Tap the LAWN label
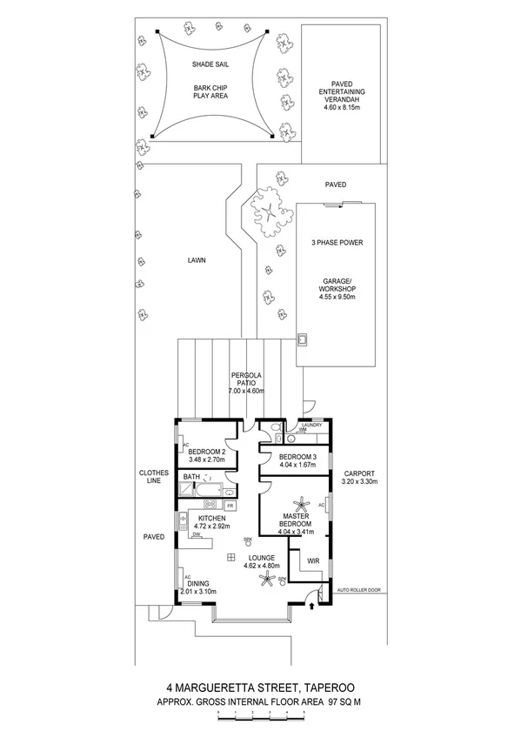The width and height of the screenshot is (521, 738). click(195, 260)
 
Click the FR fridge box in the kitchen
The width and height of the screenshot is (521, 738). click(230, 506)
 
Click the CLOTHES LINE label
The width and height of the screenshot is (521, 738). click(154, 479)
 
